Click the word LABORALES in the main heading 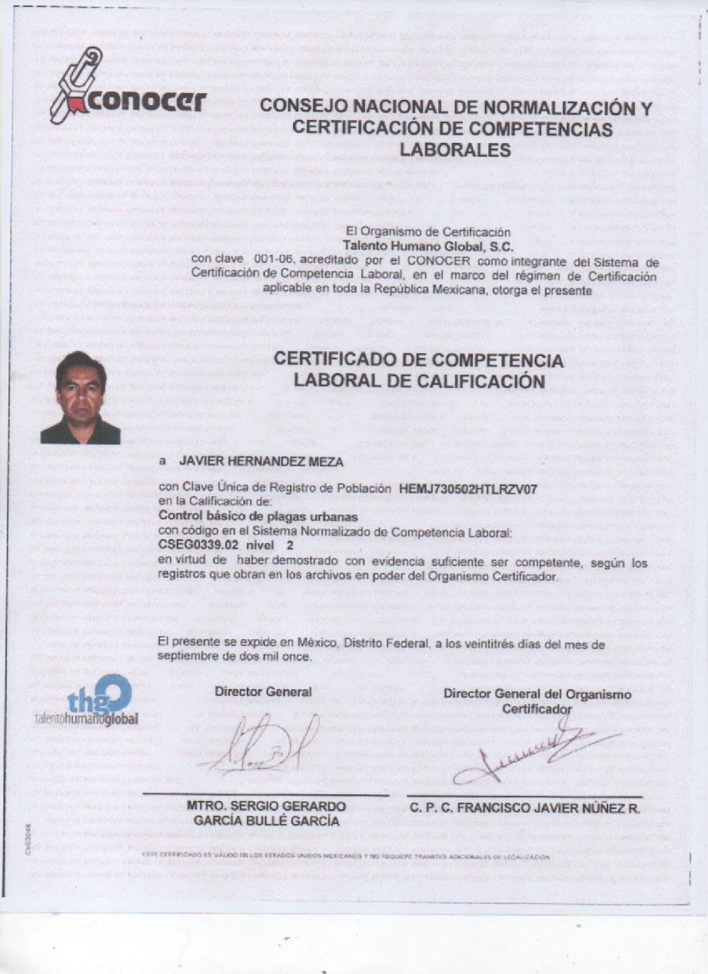[455, 149]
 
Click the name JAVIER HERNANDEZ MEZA [261, 462]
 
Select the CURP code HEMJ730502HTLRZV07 [468, 488]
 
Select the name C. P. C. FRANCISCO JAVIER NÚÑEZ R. [525, 808]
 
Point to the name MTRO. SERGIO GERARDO [266, 806]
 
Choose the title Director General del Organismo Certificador [537, 701]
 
